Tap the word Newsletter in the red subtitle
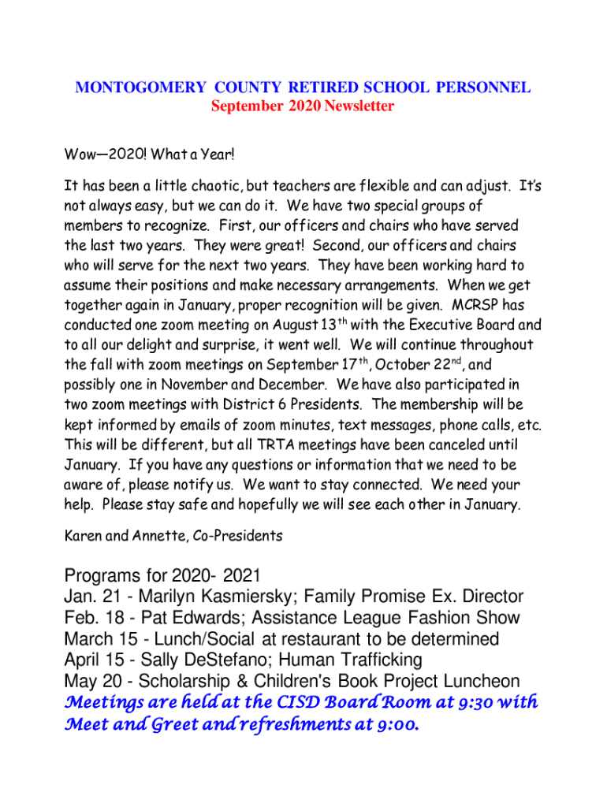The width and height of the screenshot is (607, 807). [359, 106]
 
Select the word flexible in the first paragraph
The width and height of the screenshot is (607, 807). [374, 187]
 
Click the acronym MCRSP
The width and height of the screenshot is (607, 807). [478, 303]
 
